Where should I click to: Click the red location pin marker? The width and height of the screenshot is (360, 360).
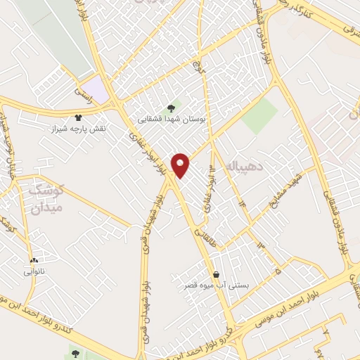181,165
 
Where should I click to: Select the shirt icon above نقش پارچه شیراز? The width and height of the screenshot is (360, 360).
77,117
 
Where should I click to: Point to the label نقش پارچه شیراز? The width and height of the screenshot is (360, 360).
77,130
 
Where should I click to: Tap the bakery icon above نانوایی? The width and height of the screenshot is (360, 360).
34,260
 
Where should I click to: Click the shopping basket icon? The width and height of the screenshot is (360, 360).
216,274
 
